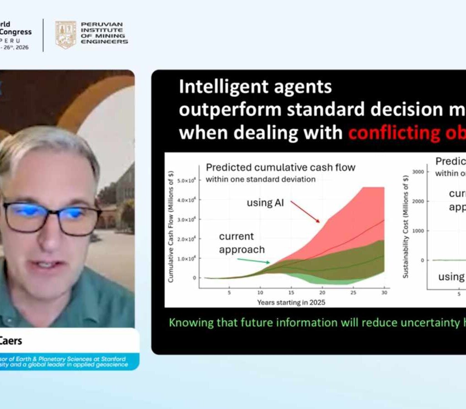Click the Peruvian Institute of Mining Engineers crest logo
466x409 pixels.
(x=66, y=35)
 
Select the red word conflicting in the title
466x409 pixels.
(x=390, y=133)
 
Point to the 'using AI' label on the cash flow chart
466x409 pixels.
(x=265, y=203)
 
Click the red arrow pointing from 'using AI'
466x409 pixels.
(x=305, y=212)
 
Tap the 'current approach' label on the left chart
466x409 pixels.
(x=242, y=243)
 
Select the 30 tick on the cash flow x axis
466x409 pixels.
(x=384, y=293)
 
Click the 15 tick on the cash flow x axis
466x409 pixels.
(x=291, y=293)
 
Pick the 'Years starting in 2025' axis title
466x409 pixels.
(x=291, y=302)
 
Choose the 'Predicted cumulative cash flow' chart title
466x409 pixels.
(x=280, y=167)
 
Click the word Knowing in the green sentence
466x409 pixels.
(x=191, y=323)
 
